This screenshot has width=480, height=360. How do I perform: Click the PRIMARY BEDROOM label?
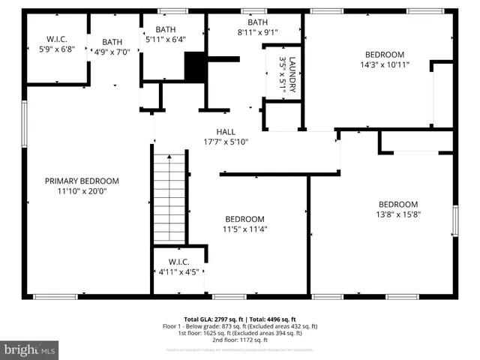82,181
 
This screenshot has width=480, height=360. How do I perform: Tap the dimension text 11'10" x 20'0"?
82,191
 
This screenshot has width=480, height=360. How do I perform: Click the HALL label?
226,131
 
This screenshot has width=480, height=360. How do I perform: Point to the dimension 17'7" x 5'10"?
226,142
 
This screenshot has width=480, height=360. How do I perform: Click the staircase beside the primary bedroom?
169,195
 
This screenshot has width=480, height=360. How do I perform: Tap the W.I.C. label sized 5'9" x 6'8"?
56,38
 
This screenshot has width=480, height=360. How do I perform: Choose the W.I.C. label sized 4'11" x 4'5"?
178,262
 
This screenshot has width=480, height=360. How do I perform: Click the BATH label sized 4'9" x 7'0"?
112,42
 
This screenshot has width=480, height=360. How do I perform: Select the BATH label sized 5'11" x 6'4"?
166,29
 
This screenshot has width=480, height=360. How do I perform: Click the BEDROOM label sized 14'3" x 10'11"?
384,54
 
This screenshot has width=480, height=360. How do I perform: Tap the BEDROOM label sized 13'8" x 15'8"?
397,204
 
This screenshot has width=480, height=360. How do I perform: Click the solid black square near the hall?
195,67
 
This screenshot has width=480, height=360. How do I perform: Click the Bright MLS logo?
30,349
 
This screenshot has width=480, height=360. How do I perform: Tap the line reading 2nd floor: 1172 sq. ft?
240,340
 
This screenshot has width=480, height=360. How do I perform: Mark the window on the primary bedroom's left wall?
25,124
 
